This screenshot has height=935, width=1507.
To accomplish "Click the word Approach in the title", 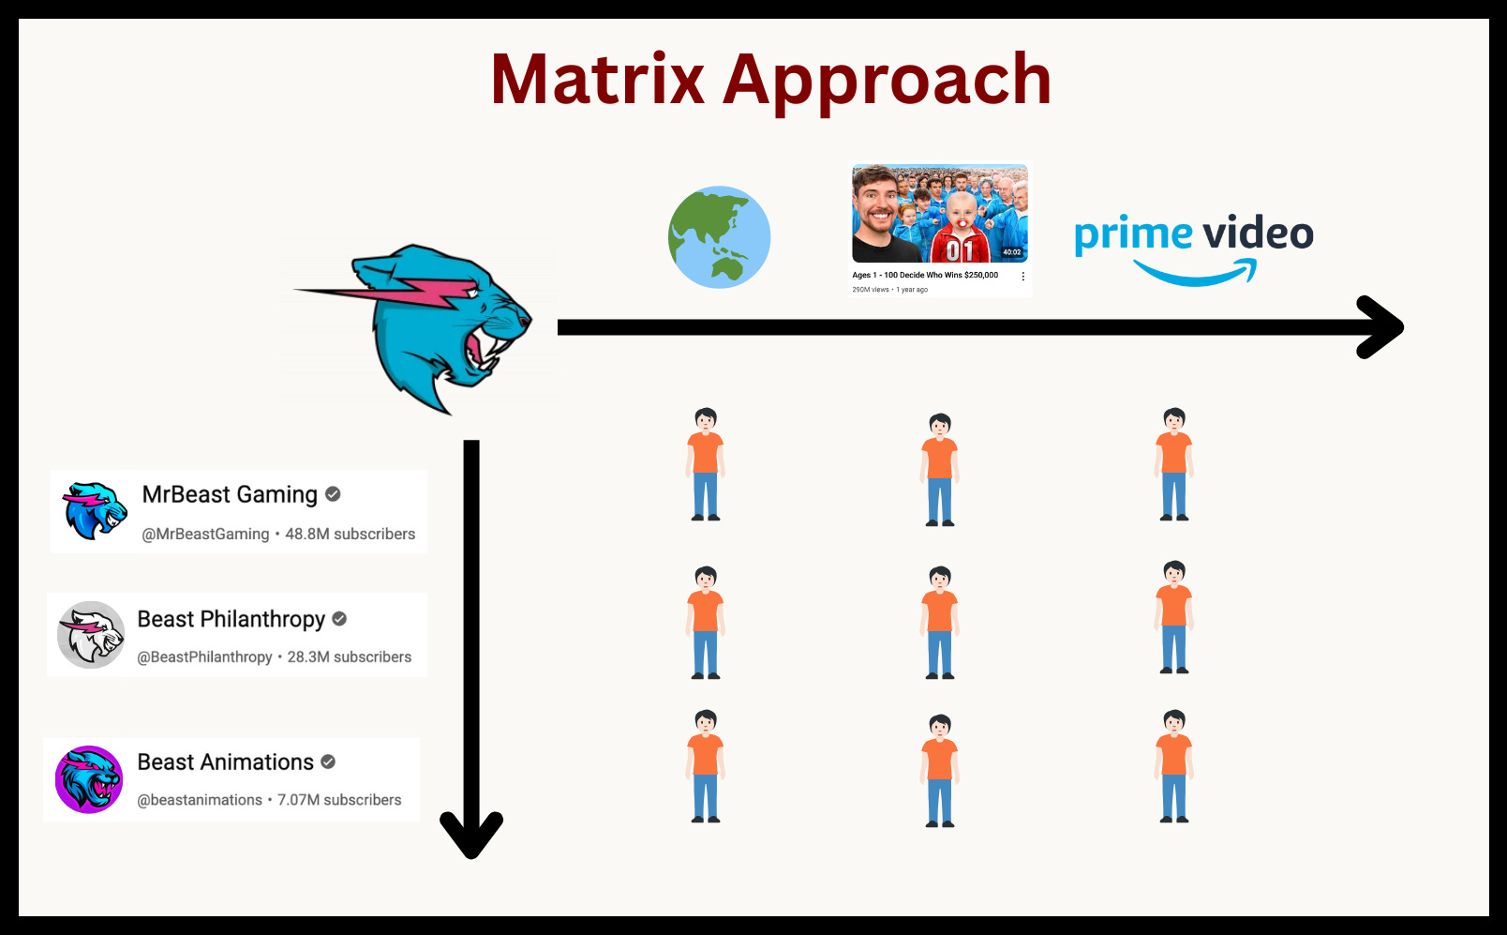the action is coord(887,83).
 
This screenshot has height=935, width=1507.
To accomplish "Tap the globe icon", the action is coord(719,237).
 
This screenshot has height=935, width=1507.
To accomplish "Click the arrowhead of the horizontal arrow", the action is coord(1381,327).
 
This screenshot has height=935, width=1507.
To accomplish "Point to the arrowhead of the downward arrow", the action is coord(471,834).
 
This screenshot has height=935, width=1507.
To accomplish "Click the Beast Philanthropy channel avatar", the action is coord(91,635).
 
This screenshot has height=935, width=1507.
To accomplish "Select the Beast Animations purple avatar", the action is coord(89,779).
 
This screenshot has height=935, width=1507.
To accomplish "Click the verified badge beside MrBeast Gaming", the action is coord(333,494).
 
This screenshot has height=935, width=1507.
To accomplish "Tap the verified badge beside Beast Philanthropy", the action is coord(339,619).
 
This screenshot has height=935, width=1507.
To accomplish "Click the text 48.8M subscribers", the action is coord(350,534).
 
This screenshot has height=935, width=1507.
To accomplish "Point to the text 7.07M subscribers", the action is coord(339,800).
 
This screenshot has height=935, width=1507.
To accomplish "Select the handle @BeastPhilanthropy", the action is coord(204,657).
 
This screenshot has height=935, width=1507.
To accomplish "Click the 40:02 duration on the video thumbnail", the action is coord(1011,252).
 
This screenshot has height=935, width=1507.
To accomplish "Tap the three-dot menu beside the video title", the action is coord(1022,277).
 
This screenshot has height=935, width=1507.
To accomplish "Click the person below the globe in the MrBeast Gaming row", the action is coord(706,464).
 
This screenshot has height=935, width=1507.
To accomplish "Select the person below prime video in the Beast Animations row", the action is coord(1174,766).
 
